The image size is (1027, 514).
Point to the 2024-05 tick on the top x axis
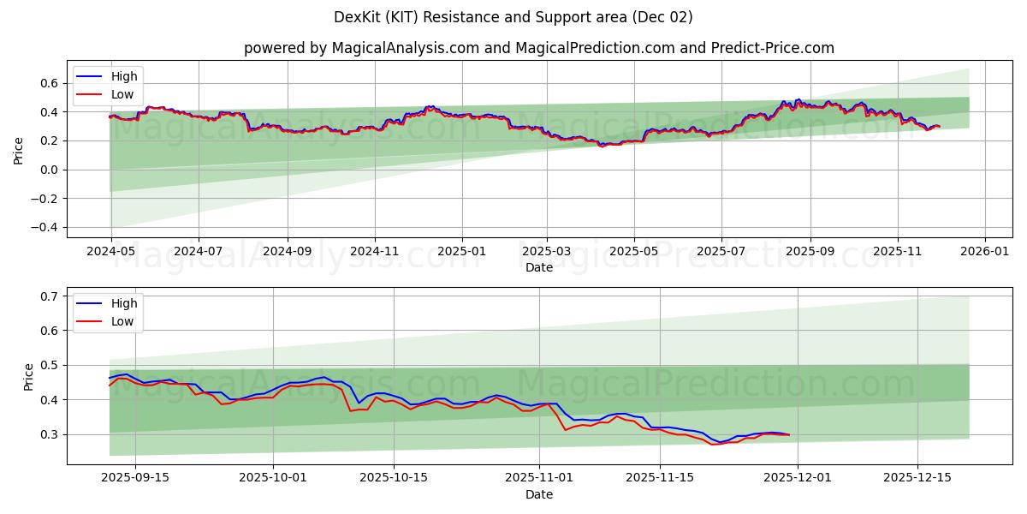pyautogui.click(x=110, y=252)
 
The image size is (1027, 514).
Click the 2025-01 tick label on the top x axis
pyautogui.click(x=462, y=252)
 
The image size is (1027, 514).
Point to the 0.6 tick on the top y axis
pyautogui.click(x=49, y=83)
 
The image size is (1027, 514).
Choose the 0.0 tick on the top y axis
pyautogui.click(x=49, y=170)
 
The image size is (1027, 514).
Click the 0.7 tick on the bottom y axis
pyautogui.click(x=49, y=296)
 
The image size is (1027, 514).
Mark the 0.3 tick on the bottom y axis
pyautogui.click(x=49, y=434)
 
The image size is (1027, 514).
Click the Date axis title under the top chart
pyautogui.click(x=538, y=267)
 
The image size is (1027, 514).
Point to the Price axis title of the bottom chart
pyautogui.click(x=29, y=376)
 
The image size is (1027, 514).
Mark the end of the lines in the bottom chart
pyautogui.click(x=789, y=434)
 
